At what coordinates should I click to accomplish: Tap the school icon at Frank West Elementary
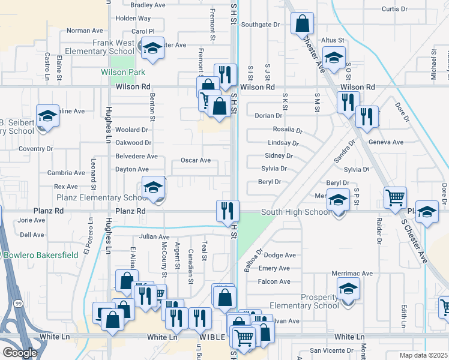[x=152, y=47]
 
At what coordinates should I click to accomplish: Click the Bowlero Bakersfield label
[x=41, y=255]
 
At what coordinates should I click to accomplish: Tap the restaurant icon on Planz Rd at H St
[x=228, y=210]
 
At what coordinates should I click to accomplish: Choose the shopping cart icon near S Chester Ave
[x=396, y=197]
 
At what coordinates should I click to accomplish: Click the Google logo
[x=20, y=353]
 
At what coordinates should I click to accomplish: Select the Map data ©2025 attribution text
[x=423, y=355]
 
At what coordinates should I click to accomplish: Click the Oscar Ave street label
[x=196, y=161]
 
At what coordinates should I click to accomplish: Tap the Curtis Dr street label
[x=394, y=9]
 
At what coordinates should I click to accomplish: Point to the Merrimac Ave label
[x=352, y=274]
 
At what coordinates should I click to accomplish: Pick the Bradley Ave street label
[x=148, y=5]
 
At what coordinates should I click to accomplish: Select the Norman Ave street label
[x=85, y=31]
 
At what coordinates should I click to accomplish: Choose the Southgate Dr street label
[x=261, y=25]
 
